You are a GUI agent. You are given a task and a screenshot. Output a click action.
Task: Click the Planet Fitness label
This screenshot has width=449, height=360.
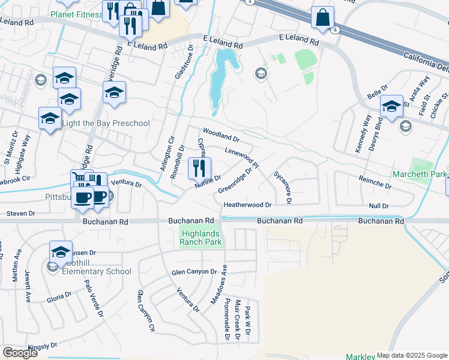point(76,14)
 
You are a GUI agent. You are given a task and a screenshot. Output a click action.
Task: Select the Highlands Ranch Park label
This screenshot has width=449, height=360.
point(201,238)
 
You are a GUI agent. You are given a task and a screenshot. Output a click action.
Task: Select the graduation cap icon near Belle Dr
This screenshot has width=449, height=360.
point(391,107)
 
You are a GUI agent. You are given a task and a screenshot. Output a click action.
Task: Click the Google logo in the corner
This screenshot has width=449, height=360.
point(20,353)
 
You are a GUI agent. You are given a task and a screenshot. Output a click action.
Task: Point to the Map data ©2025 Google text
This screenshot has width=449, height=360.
point(412,355)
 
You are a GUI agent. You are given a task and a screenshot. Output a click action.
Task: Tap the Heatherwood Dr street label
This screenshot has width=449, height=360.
point(248,205)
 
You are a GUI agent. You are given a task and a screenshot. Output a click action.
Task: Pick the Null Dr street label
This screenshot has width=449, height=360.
point(379,206)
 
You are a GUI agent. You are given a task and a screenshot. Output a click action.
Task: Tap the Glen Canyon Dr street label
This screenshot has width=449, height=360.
point(194,272)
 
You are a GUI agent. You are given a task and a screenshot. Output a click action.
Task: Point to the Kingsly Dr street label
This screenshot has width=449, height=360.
point(42,346)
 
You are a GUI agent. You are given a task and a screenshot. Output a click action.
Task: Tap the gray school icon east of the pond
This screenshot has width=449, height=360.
point(261,73)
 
